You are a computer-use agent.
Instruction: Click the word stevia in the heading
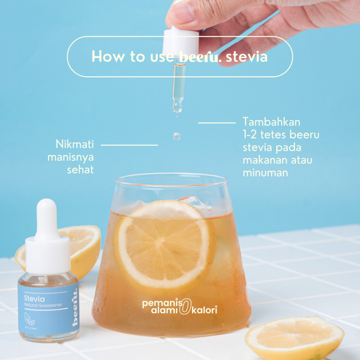pyautogui.click(x=247, y=57)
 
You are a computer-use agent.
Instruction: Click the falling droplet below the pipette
pyautogui.click(x=176, y=136)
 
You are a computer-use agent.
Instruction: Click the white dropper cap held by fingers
pyautogui.click(x=180, y=42)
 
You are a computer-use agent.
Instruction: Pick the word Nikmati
pyautogui.click(x=74, y=144)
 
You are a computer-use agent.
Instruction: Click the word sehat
pyautogui.click(x=80, y=170)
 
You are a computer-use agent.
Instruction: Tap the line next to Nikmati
pyautogui.click(x=129, y=144)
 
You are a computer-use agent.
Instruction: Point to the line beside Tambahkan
pyautogui.click(x=217, y=123)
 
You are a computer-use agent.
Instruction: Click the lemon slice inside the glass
pyautogui.click(x=165, y=244)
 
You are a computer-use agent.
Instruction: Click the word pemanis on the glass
pyautogui.click(x=159, y=303)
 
